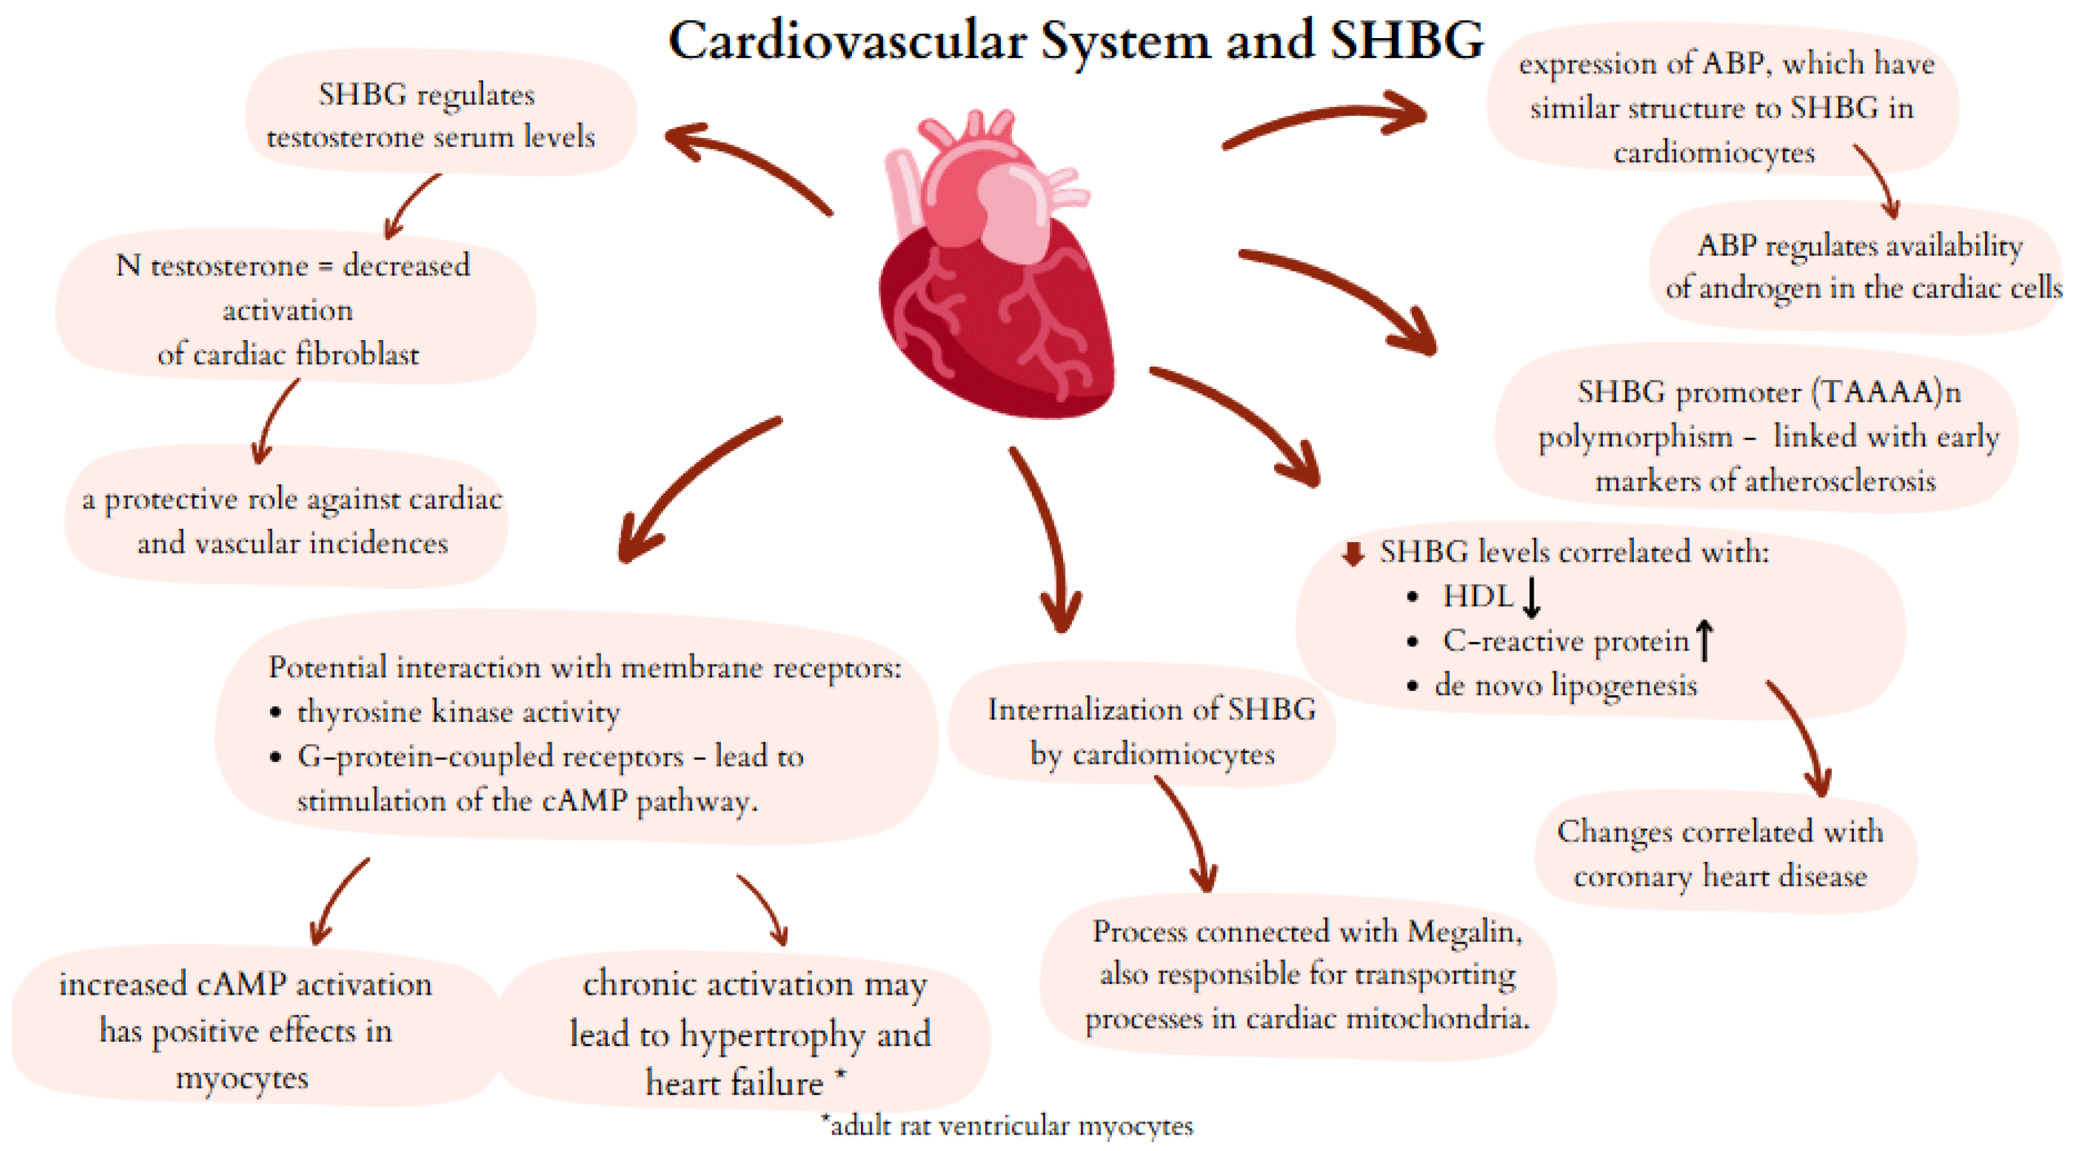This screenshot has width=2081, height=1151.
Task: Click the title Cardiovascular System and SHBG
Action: tap(1075, 41)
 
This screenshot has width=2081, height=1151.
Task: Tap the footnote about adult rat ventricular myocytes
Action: tap(1006, 1125)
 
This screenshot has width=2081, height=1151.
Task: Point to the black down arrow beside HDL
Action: tap(1531, 597)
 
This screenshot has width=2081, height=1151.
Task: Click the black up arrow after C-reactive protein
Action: tap(1704, 640)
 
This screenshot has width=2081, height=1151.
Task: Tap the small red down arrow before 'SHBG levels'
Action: tap(1353, 554)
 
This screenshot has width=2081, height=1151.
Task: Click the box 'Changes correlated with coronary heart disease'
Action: tap(1720, 853)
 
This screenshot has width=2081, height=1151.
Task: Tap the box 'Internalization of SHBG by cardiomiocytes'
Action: tap(1151, 731)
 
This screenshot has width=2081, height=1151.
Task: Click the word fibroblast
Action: tap(357, 355)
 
